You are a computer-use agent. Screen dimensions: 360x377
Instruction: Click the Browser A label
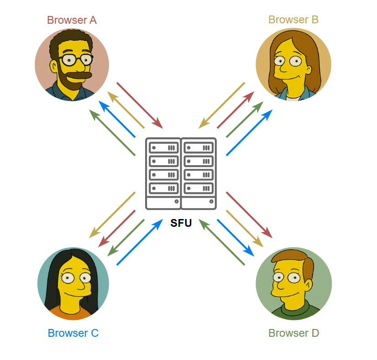point(72,20)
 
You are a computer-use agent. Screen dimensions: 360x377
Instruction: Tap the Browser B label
point(293,20)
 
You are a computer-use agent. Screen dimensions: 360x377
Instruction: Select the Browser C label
point(73,333)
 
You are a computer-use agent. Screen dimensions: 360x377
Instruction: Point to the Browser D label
point(293,333)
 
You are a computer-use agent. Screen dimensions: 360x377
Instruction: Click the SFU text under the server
point(181,223)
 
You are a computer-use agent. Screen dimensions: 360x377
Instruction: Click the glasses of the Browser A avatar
point(76,59)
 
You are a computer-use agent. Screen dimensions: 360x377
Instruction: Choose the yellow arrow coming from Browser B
point(222,105)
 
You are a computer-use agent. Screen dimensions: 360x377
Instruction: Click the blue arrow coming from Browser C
point(140,242)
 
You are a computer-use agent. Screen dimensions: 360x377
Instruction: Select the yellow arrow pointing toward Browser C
point(113,214)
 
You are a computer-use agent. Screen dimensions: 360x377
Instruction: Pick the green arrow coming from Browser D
point(222,242)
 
